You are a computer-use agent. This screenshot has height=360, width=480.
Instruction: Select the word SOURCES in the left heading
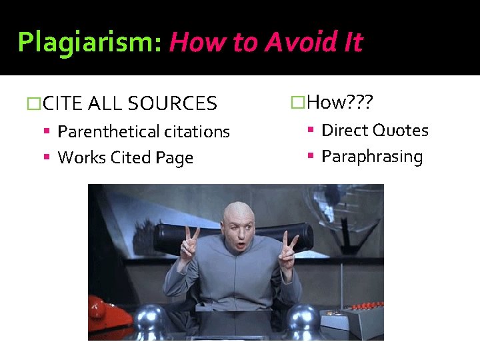(x=172, y=104)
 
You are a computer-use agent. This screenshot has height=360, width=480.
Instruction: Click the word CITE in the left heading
(x=63, y=104)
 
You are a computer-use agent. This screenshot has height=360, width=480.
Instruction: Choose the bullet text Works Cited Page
(x=125, y=158)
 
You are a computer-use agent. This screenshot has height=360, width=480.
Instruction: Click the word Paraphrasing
(x=372, y=157)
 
